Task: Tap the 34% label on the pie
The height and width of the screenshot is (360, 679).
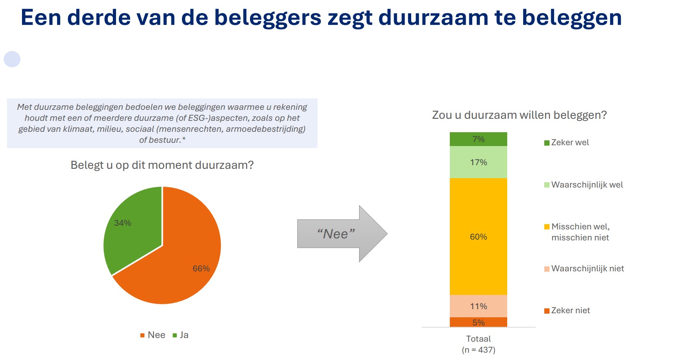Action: click(123, 223)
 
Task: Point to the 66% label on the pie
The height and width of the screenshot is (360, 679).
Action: click(201, 268)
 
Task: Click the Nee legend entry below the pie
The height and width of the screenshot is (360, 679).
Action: click(153, 335)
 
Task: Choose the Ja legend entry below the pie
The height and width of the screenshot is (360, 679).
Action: click(180, 335)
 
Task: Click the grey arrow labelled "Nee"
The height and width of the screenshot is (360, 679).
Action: click(342, 233)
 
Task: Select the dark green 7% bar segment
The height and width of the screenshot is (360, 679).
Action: click(478, 139)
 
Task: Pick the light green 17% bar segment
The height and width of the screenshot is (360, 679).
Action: click(478, 162)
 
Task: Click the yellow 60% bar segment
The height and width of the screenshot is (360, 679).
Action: click(478, 236)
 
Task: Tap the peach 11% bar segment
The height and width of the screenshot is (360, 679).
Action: click(478, 306)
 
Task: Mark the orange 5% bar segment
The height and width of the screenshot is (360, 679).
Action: click(478, 322)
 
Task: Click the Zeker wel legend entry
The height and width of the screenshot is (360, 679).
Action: click(567, 142)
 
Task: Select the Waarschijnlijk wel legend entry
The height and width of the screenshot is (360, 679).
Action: click(583, 185)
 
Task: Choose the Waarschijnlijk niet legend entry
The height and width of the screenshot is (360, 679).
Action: click(584, 268)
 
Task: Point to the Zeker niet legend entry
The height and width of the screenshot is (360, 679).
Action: click(567, 310)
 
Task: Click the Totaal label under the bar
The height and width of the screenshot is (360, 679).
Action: click(478, 339)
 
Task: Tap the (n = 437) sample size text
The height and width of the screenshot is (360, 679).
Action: click(478, 350)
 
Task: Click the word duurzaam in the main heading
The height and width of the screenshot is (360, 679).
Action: click(433, 17)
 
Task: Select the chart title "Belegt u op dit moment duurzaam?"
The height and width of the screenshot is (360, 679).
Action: click(162, 165)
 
